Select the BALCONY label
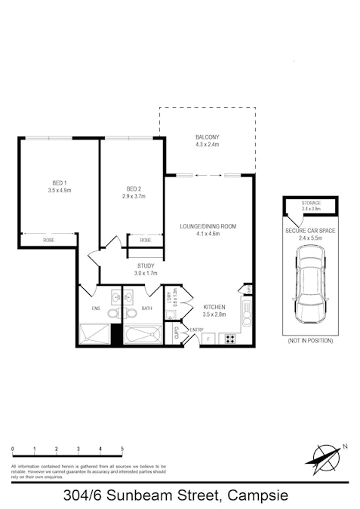coord(207,136)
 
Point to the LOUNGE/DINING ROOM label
coord(208,226)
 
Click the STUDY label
coord(146,265)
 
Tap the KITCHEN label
coord(215,308)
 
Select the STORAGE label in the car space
coord(311,204)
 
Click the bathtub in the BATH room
coord(143,334)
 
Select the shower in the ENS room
coord(94,334)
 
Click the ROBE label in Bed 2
coord(145,240)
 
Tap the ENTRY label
coord(197,330)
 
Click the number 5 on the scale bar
coord(122,449)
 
